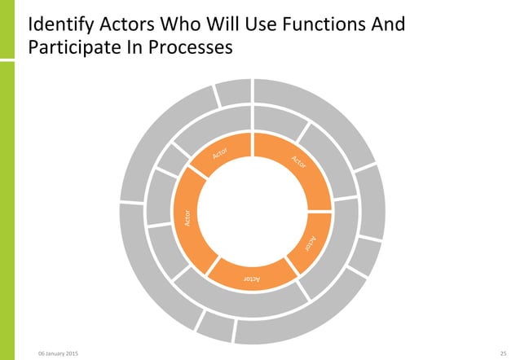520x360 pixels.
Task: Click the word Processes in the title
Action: (195, 49)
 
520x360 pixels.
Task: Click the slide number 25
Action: (503, 353)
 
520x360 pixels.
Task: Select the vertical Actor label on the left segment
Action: (187, 217)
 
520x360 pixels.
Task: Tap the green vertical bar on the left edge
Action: (7, 179)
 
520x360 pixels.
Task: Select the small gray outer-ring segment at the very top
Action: (233, 93)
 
